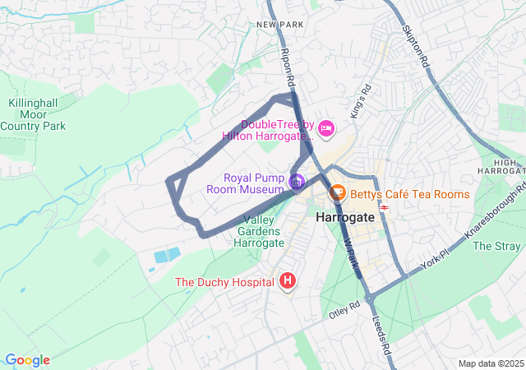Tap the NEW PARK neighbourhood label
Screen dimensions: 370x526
[279, 25]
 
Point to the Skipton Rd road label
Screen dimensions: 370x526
[417, 45]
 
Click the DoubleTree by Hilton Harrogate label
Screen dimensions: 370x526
[267, 130]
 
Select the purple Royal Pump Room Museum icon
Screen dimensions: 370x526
[297, 180]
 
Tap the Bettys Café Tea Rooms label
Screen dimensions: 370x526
[409, 195]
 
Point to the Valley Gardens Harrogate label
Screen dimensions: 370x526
[259, 231]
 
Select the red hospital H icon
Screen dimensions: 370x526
[288, 281]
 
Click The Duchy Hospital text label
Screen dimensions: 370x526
[224, 282]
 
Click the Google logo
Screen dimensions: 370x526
[26, 360]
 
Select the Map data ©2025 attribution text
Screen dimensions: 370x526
[490, 363]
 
